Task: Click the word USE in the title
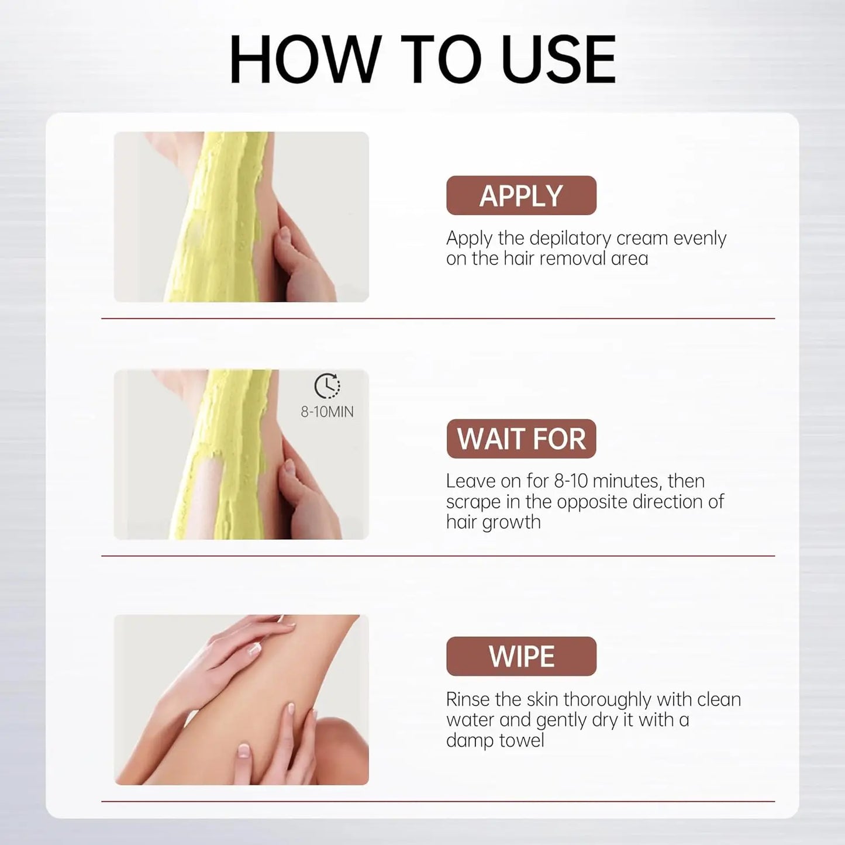tap(558, 58)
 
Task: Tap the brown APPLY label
tap(522, 195)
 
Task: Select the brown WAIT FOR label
tap(522, 439)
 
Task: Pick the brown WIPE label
tap(522, 657)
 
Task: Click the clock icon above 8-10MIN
tap(327, 386)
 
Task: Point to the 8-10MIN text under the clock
tap(327, 412)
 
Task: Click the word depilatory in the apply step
tap(570, 239)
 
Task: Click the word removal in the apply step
tap(569, 258)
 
